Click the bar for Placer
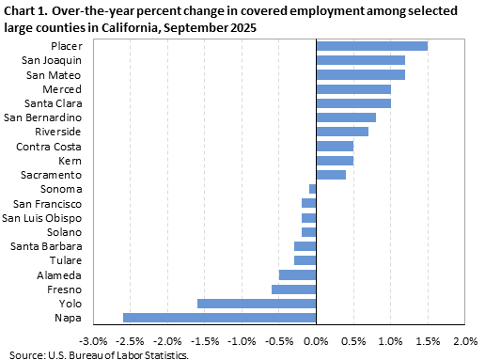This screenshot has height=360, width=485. pyautogui.click(x=372, y=46)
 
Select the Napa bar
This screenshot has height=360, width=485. pyautogui.click(x=220, y=318)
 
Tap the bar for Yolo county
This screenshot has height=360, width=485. pyautogui.click(x=257, y=304)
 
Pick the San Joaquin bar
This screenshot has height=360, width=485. pyautogui.click(x=361, y=60)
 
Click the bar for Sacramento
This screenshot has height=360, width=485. pyautogui.click(x=331, y=175)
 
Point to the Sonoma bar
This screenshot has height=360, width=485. pyautogui.click(x=313, y=189)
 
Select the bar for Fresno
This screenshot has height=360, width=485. pyautogui.click(x=294, y=290)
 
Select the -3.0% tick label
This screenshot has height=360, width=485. pyautogui.click(x=93, y=339)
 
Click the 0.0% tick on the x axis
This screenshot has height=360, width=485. pyautogui.click(x=317, y=339)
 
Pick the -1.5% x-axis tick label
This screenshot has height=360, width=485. pyautogui.click(x=205, y=339)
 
